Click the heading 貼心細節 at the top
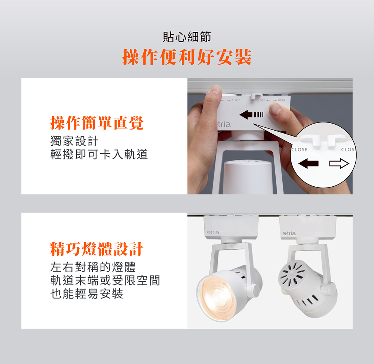pos(187,37)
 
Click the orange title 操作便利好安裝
pos(187,57)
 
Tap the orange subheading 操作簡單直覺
pos(97,123)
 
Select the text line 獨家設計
pos(74,141)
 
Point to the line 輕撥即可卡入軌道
pos(99,154)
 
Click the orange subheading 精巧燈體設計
pos(97,249)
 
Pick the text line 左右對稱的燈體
pos(93,267)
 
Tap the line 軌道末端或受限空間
pos(105,280)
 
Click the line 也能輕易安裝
pos(87,293)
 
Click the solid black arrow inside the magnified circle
pos(308,164)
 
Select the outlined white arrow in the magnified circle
pos(339,164)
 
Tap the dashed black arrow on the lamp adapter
pos(251,115)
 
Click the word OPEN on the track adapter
pos(282,100)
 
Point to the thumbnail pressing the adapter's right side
pos(275,109)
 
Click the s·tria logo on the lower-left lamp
pos(213,232)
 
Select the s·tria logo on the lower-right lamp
pos(289,233)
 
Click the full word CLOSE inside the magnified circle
pos(299,150)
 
